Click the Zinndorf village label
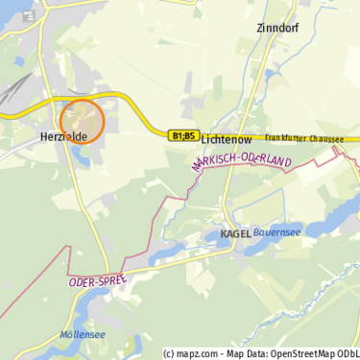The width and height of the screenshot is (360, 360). click(277, 28)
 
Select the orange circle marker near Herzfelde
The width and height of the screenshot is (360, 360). click(82, 122)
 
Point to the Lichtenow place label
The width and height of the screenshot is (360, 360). click(226, 139)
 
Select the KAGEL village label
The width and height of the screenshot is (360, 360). click(236, 233)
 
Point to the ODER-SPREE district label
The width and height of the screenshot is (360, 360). click(98, 280)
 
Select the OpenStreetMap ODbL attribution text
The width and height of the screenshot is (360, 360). click(310, 353)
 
